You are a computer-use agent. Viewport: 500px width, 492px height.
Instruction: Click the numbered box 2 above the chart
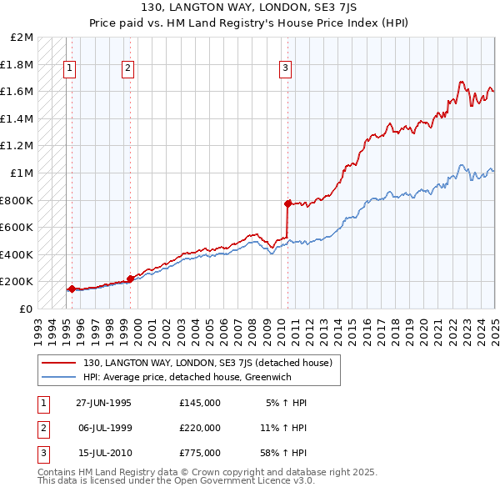pos(127,68)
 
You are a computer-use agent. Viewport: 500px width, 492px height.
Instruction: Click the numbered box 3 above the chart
pos(285,68)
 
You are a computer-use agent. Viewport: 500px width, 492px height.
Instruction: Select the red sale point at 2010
pos(287,203)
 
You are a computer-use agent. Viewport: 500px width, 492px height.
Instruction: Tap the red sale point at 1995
pos(72,289)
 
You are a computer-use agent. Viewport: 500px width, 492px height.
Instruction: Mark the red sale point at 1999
pos(131,279)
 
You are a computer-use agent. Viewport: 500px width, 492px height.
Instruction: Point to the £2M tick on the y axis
pos(22,38)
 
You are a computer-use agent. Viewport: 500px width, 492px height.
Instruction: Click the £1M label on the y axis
pos(22,173)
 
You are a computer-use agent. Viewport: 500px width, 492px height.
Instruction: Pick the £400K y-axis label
pos(18,254)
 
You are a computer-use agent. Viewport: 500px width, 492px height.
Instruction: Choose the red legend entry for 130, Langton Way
pos(207,363)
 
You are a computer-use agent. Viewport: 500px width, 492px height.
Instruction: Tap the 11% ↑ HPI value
pos(283,427)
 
